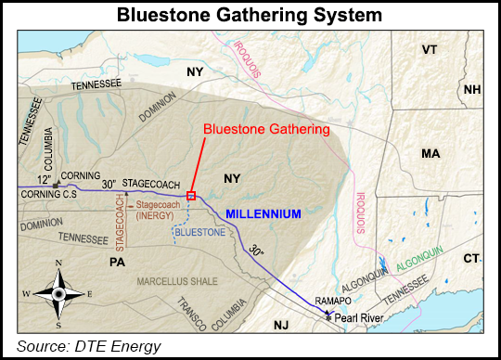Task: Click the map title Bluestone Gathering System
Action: click(x=250, y=16)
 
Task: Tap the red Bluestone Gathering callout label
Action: click(x=266, y=130)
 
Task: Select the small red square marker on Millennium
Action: click(x=191, y=195)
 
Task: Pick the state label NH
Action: click(x=472, y=90)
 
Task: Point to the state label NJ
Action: click(x=282, y=325)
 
